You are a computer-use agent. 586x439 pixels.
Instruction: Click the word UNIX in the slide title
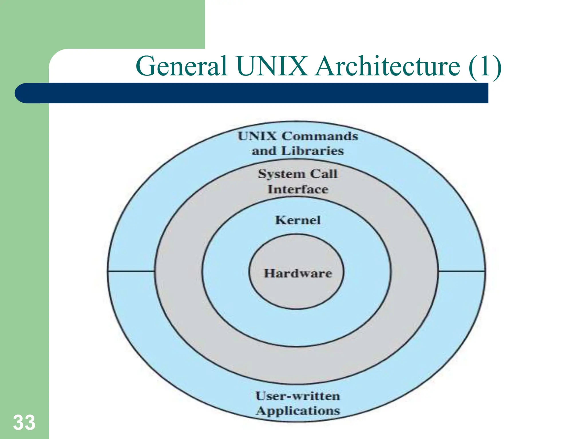pyautogui.click(x=272, y=66)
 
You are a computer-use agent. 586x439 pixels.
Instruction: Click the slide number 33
pyautogui.click(x=24, y=422)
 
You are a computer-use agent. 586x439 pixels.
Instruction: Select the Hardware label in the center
pyautogui.click(x=298, y=273)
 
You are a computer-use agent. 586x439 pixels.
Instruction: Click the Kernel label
pyautogui.click(x=298, y=220)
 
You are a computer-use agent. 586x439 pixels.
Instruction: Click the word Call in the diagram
pyautogui.click(x=324, y=173)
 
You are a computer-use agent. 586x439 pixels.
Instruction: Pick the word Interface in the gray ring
pyautogui.click(x=298, y=189)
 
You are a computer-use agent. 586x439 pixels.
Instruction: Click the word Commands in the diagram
pyautogui.click(x=320, y=136)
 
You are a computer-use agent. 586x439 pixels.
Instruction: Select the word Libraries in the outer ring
pyautogui.click(x=312, y=151)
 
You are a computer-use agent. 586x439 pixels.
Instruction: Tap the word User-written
pyautogui.click(x=298, y=396)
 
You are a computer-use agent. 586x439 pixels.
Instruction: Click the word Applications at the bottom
pyautogui.click(x=298, y=411)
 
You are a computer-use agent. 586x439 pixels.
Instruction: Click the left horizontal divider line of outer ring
pyautogui.click(x=131, y=271)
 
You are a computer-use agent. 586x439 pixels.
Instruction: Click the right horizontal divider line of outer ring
pyautogui.click(x=462, y=271)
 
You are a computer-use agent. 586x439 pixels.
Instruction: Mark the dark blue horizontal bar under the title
pyautogui.click(x=258, y=93)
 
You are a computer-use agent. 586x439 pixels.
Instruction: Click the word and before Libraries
pyautogui.click(x=264, y=151)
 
